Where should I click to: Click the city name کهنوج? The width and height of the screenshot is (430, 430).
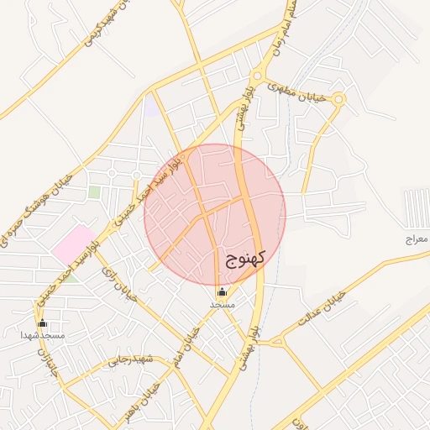pos(245,258)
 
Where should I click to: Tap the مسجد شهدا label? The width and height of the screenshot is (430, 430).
pos(44,335)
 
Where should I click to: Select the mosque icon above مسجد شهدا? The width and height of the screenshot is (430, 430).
pos(43,322)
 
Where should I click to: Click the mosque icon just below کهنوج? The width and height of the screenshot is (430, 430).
pos(222,292)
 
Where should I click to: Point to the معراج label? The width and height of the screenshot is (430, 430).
pos(417,239)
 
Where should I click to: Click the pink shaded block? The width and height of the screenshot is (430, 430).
pos(73,244)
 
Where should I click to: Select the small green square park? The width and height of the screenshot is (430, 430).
pos(95,192)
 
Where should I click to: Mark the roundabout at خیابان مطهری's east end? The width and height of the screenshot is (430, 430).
pos(338,99)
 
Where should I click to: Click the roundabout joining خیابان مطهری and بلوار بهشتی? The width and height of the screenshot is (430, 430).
pos(257,74)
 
